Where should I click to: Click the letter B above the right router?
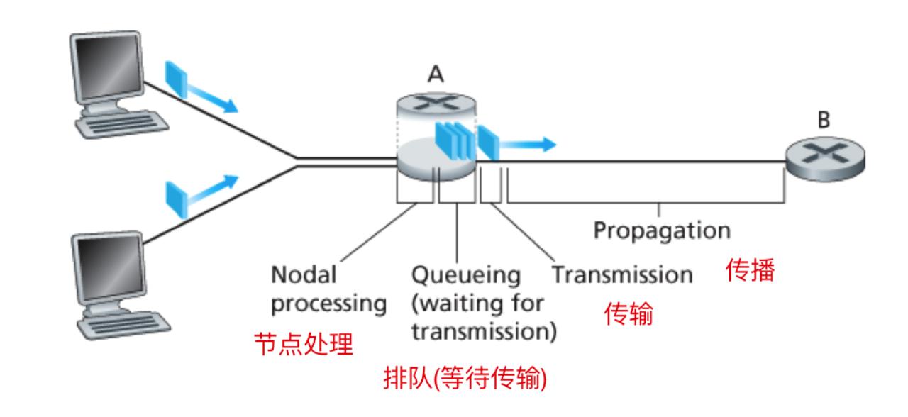[823, 120]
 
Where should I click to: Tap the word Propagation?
[661, 230]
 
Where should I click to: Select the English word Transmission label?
[622, 274]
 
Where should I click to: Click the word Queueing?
[466, 274]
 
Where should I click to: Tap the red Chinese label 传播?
[749, 270]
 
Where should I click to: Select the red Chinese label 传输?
[628, 313]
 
